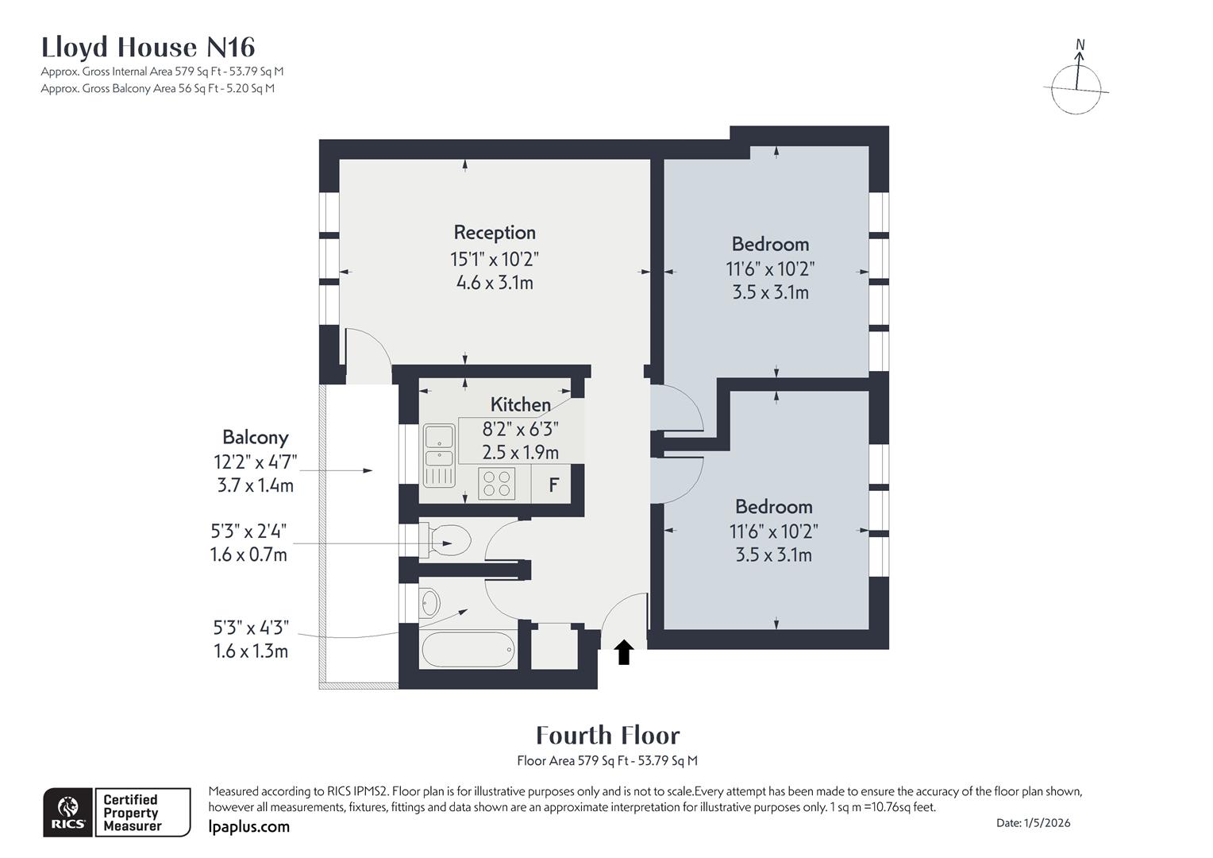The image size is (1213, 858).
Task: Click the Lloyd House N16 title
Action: [x=148, y=47]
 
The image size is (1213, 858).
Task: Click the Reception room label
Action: [x=495, y=233]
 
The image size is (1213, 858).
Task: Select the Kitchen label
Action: [x=521, y=404]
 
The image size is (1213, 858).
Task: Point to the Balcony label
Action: [x=256, y=438]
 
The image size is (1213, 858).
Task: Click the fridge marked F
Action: [x=553, y=484]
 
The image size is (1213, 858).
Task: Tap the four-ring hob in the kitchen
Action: [x=497, y=484]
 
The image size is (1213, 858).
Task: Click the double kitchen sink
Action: [x=439, y=455]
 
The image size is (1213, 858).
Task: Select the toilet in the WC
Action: [x=445, y=540]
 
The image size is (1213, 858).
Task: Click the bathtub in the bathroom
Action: [x=468, y=649]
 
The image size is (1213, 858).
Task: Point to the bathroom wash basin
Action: [x=430, y=603]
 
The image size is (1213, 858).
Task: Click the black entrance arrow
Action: [x=624, y=651]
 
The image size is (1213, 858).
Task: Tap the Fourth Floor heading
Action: [x=607, y=736]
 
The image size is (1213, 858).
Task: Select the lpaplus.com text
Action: [x=249, y=826]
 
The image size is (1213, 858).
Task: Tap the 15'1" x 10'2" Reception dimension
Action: [x=495, y=259]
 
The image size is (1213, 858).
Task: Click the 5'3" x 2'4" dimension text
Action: [x=248, y=531]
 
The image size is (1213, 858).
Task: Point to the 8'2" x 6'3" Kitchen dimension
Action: [x=521, y=429]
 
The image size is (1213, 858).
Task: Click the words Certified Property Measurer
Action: [x=132, y=813]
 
